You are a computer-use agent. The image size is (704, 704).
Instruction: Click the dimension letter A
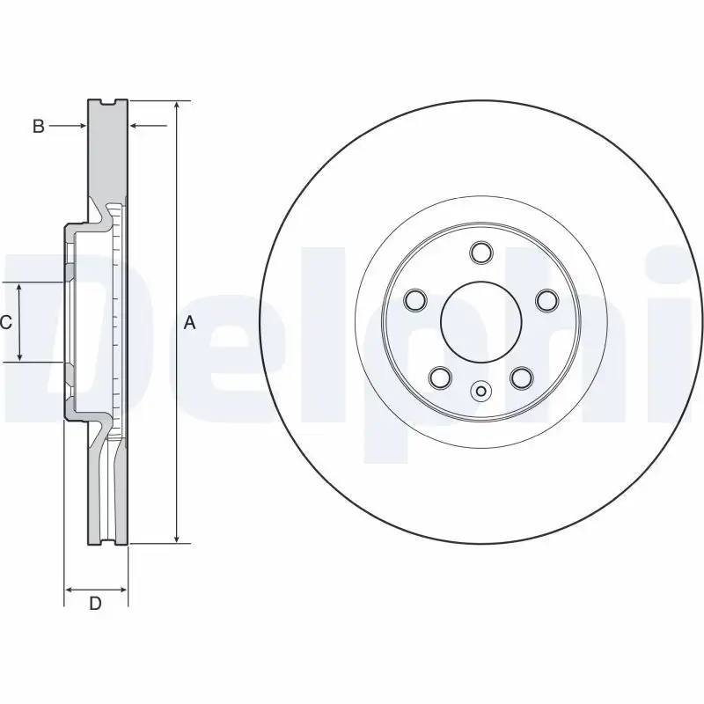189,324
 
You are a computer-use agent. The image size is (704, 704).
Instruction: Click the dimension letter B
38,127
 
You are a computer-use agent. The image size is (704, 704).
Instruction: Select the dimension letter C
6,323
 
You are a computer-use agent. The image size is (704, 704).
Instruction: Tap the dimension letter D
96,604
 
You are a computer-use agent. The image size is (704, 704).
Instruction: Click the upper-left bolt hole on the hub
415,301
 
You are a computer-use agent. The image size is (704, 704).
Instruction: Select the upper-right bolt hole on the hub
546,301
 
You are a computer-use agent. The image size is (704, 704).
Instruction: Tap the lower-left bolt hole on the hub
440,378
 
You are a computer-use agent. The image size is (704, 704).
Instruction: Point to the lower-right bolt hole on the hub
522,378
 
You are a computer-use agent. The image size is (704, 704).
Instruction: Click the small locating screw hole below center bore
480,391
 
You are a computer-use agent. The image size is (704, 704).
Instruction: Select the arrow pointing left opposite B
136,127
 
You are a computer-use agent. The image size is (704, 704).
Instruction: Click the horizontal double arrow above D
96,588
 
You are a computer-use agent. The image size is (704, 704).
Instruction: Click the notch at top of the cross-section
109,103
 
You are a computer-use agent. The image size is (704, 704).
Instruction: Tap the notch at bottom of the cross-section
109,541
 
